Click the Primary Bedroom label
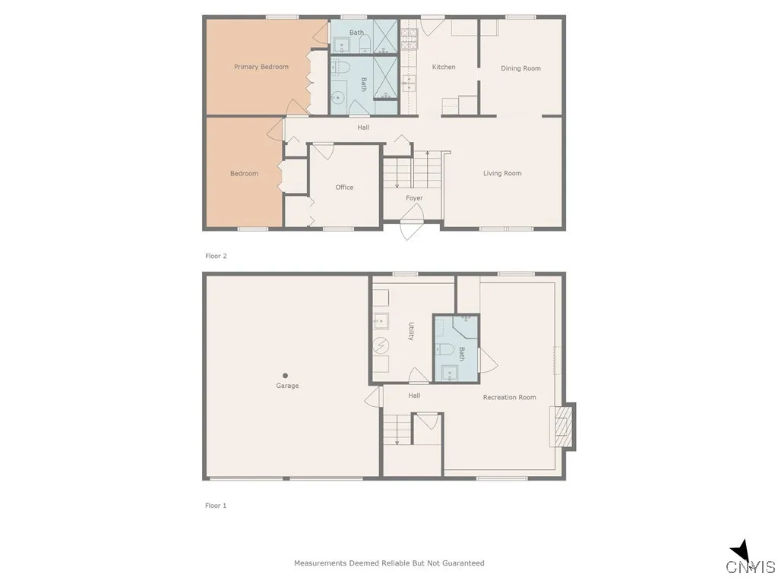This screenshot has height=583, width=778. click(261, 67)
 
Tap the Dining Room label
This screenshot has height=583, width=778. click(520, 68)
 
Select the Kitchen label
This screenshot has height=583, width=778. click(444, 67)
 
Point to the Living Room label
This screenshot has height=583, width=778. click(502, 173)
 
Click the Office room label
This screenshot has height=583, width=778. click(344, 187)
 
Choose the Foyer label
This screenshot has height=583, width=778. click(414, 198)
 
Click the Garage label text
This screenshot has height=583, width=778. click(287, 386)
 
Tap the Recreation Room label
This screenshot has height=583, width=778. click(509, 397)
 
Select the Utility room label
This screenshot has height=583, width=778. click(411, 332)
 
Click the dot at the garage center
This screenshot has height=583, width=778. click(286, 375)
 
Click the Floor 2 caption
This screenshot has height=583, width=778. click(216, 256)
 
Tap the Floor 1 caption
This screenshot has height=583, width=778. click(216, 506)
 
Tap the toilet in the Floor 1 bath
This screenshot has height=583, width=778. click(447, 350)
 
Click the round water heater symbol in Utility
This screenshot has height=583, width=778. click(380, 345)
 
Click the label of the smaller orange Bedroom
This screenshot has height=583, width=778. click(244, 173)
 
